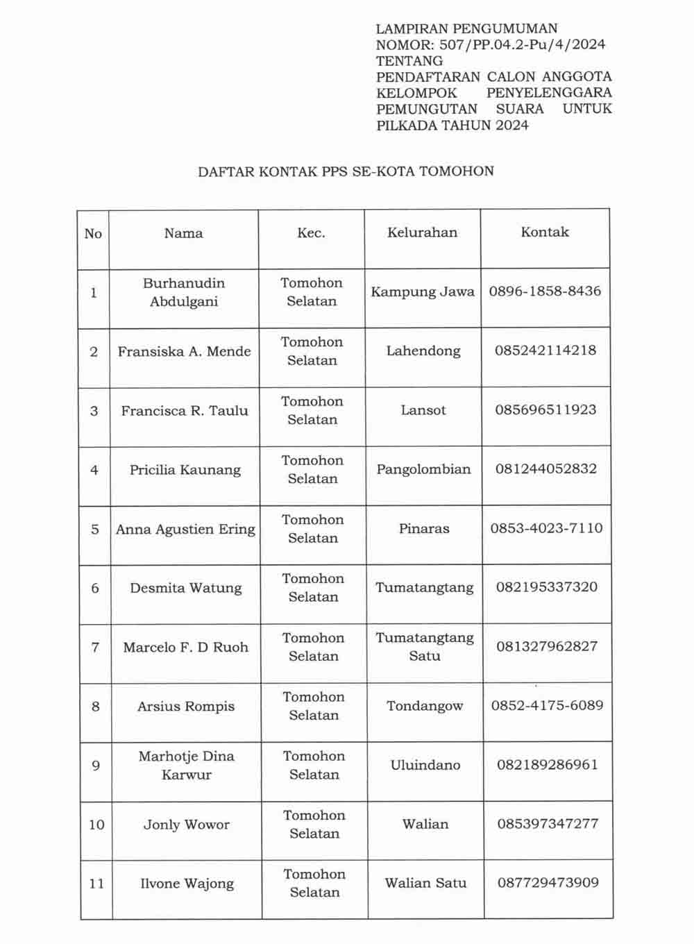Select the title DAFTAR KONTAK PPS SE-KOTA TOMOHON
(x=346, y=171)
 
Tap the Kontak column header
(x=545, y=233)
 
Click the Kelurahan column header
(x=422, y=233)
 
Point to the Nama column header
(x=183, y=233)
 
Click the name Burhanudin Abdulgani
(x=184, y=292)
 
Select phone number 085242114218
(x=545, y=351)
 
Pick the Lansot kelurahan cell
(x=423, y=410)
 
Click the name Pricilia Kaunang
(x=185, y=470)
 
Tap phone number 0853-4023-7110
(x=546, y=528)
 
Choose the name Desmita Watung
(x=186, y=588)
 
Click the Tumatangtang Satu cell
(x=425, y=647)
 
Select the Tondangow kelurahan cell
(x=425, y=706)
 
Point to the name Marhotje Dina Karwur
(x=186, y=766)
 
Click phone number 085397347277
(x=548, y=824)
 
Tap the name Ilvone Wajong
(x=187, y=884)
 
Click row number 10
(x=96, y=825)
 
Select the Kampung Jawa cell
(x=423, y=292)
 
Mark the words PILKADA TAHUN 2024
(x=452, y=126)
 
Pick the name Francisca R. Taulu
(x=185, y=411)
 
